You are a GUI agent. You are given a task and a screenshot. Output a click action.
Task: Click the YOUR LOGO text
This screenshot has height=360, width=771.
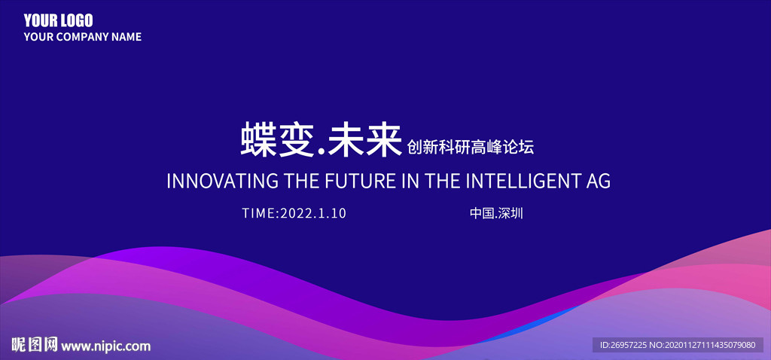(58, 20)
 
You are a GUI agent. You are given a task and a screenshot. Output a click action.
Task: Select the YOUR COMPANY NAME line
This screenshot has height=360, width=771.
(83, 37)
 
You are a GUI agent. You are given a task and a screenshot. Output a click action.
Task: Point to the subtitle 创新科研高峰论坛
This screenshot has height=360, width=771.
(471, 147)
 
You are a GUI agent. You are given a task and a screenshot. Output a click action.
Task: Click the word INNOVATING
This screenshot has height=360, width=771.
(222, 181)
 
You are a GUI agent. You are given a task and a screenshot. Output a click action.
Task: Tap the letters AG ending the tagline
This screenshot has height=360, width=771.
(597, 181)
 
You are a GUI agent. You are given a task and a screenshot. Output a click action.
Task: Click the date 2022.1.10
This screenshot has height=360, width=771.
(313, 213)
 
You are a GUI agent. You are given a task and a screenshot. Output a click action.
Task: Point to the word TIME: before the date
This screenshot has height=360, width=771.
(261, 213)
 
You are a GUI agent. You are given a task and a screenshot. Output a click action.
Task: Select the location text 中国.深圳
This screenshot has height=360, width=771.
(496, 213)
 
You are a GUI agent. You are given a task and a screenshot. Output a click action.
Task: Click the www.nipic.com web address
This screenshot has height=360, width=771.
(106, 346)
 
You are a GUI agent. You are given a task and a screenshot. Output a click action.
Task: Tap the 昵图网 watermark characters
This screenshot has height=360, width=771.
(35, 345)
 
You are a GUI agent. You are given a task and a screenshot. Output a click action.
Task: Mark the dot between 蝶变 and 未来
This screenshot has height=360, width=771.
(322, 153)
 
